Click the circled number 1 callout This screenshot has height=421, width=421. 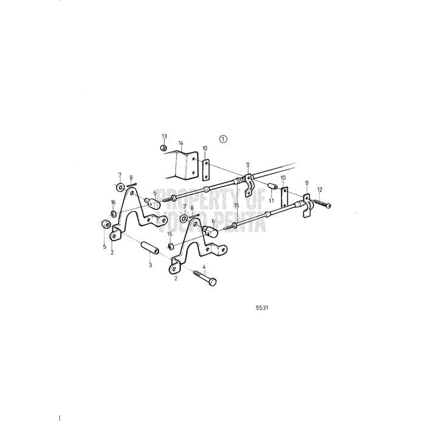223,139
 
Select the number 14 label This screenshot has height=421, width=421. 180,143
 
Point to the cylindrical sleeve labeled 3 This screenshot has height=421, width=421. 149,248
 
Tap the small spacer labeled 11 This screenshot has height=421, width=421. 272,184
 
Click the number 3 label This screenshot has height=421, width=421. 150,265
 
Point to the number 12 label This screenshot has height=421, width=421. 320,189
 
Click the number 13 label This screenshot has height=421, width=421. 164,137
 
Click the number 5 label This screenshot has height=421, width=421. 104,246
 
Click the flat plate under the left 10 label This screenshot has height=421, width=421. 205,170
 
